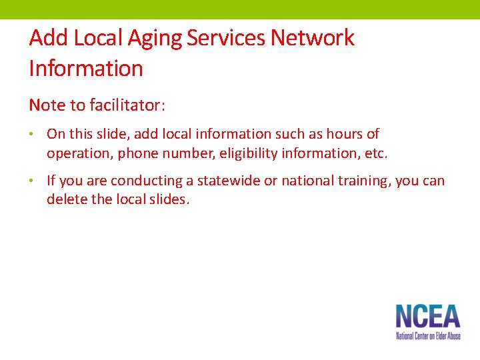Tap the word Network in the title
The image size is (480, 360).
[312, 38]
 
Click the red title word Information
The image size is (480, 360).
[86, 68]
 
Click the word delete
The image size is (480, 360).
[65, 200]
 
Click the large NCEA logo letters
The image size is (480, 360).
[427, 317]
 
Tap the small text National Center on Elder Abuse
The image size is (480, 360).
[427, 336]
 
